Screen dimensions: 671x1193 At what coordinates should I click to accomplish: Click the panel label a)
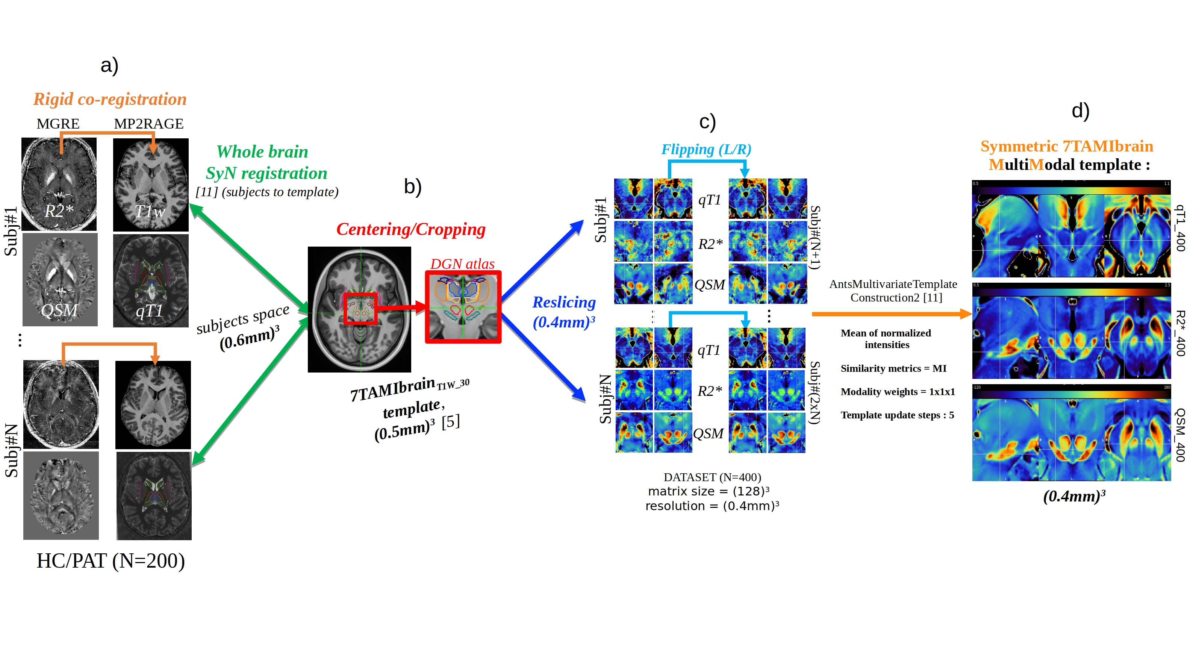click(109, 65)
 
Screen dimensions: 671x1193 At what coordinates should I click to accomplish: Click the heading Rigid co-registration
click(110, 99)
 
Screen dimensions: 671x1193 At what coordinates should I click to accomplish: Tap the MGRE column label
click(58, 124)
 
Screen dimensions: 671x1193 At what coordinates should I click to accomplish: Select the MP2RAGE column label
click(149, 124)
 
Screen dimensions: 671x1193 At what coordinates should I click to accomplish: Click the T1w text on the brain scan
click(150, 212)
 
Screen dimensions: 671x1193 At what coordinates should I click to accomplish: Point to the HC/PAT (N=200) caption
click(111, 561)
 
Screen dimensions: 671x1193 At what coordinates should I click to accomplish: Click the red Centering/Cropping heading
click(410, 229)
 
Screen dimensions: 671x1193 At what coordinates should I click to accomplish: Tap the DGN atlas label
click(462, 264)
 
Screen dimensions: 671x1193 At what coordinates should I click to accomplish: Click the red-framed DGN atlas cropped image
click(463, 307)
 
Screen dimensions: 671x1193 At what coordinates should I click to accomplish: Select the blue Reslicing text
click(564, 302)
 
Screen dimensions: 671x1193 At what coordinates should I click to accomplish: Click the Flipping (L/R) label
click(706, 149)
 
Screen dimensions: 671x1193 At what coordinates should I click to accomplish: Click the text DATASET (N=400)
click(712, 477)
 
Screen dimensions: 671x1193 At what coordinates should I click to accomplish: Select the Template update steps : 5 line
click(897, 415)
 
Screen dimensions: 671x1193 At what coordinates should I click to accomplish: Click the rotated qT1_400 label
click(1181, 228)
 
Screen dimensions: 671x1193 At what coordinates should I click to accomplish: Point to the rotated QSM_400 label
click(1181, 435)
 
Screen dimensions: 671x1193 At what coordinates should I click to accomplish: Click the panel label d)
click(1080, 111)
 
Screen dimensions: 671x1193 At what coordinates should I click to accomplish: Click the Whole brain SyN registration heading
click(265, 162)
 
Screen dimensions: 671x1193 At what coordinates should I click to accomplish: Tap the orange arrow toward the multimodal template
click(892, 314)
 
